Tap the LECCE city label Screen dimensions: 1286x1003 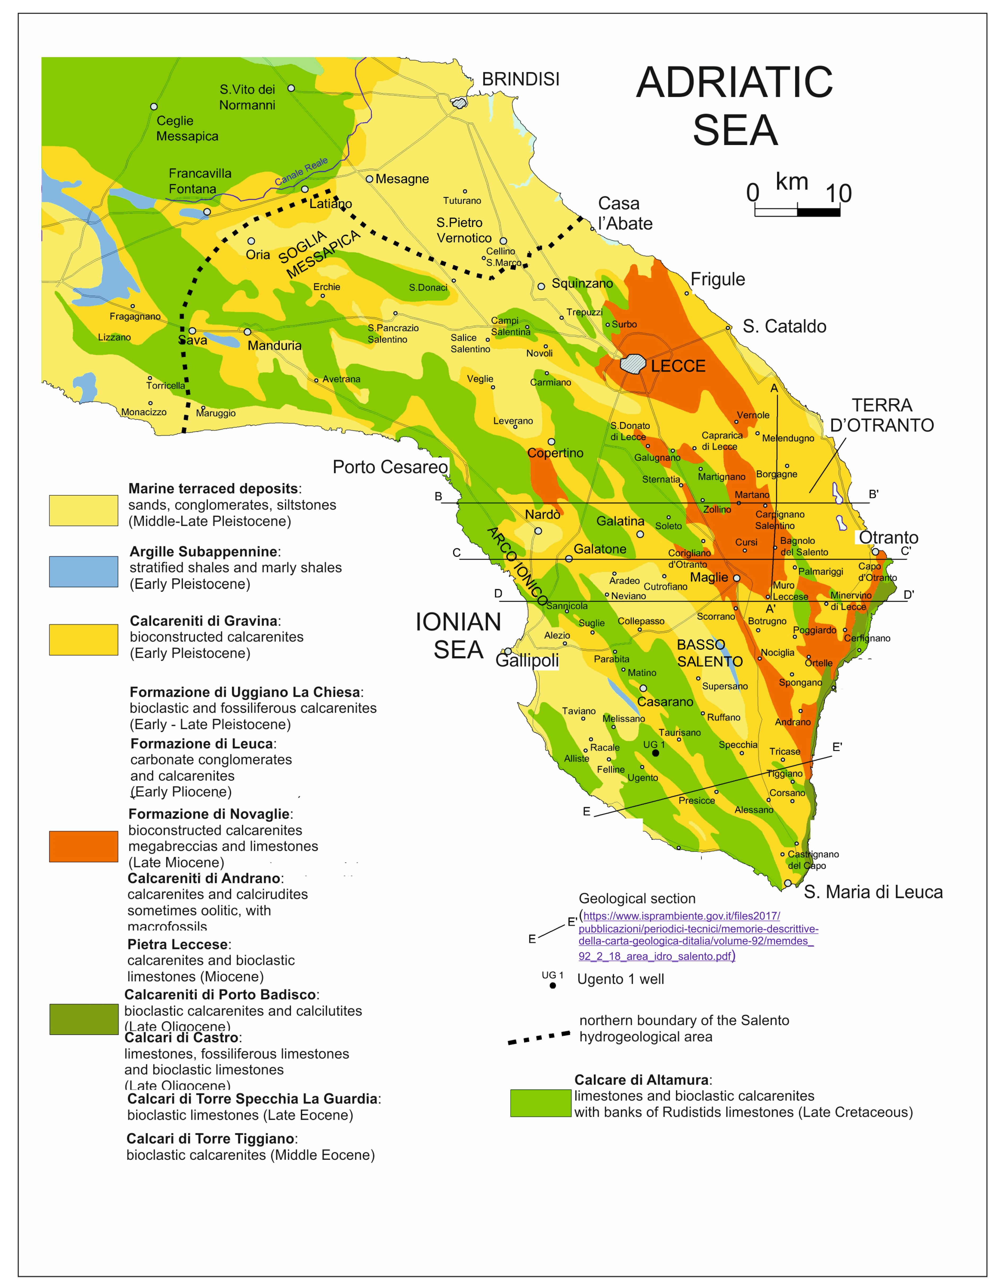[678, 366]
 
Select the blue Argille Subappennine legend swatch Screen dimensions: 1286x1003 [84, 571]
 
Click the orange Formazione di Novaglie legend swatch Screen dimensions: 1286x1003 [84, 846]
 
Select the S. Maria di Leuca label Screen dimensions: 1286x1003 [873, 892]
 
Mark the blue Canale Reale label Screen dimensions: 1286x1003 [302, 171]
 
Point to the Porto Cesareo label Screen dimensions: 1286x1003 [390, 467]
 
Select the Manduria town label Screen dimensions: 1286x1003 [274, 346]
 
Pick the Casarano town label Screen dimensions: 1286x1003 [665, 702]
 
